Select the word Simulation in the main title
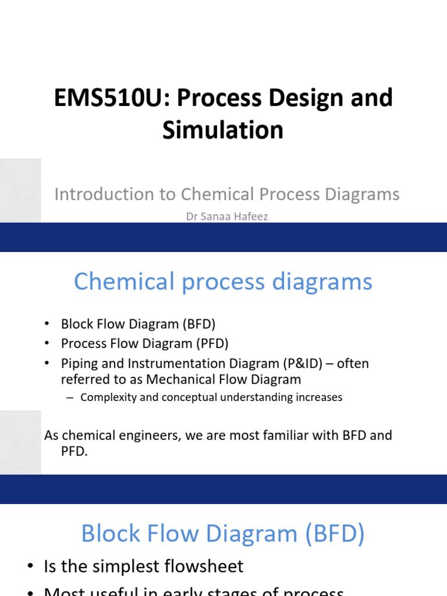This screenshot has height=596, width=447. click(x=223, y=130)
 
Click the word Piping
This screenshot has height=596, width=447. click(x=79, y=364)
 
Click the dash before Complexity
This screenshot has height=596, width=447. click(x=70, y=398)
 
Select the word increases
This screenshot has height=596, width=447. click(x=318, y=398)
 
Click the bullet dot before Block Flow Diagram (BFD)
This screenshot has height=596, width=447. click(x=48, y=324)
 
